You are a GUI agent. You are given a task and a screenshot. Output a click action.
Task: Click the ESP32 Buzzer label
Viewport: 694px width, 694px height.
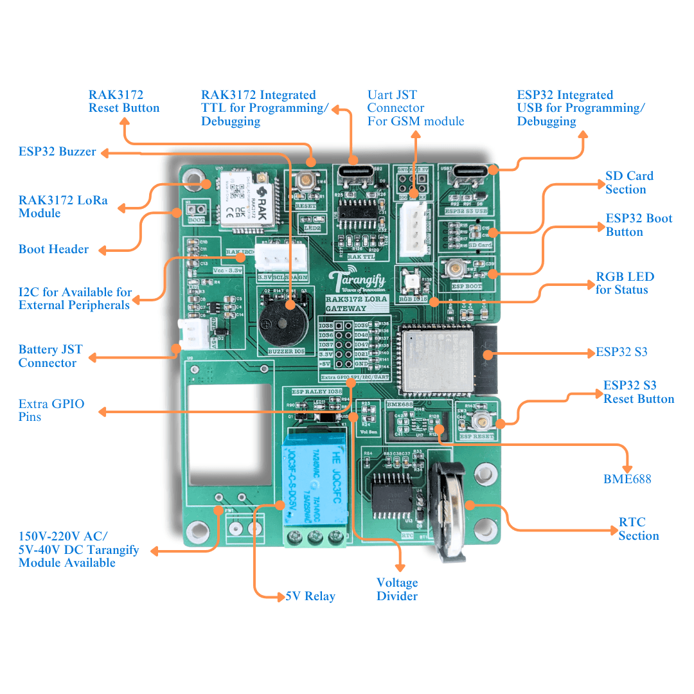[x=57, y=152]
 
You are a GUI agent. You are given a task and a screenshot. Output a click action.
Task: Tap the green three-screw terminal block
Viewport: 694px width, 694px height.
[x=314, y=537]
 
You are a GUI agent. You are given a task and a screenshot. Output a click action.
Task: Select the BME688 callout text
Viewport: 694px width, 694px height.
[x=627, y=479]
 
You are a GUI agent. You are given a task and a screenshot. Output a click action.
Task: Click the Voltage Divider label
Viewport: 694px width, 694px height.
[x=397, y=589]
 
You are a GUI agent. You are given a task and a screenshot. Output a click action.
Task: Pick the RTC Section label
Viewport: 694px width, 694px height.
[x=638, y=529]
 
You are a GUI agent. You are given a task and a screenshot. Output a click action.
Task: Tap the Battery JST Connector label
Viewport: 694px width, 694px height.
[x=50, y=356]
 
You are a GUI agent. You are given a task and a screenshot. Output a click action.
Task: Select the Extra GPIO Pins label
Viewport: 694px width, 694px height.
[x=51, y=410]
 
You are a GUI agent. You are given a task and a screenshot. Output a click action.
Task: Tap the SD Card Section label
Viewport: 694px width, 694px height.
[x=629, y=182]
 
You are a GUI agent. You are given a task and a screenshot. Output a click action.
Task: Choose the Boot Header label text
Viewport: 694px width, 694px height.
[x=53, y=249]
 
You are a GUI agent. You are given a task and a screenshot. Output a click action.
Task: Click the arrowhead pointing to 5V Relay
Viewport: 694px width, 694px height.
[x=280, y=596]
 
